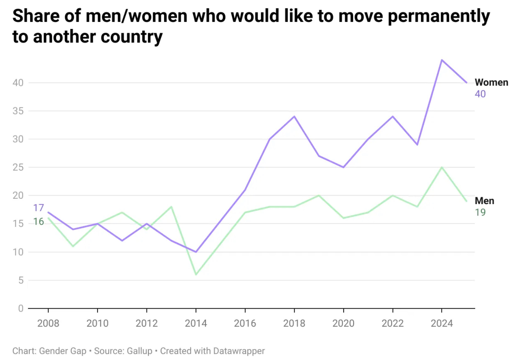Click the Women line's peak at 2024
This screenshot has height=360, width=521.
[x=442, y=60]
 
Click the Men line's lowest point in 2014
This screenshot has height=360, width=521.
[x=196, y=274]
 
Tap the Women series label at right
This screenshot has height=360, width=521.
[x=491, y=82]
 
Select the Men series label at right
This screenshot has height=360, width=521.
[x=484, y=201]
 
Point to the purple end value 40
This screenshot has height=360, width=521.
[x=480, y=94]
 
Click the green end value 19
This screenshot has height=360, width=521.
[x=480, y=212]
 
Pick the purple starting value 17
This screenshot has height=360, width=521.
[x=38, y=208]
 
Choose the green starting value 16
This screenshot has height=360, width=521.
[x=38, y=221]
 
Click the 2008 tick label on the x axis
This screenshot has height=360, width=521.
[x=48, y=323]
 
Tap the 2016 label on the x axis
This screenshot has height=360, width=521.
[x=245, y=323]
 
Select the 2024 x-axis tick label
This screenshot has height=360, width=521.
[x=441, y=323]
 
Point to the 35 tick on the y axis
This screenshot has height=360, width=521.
[x=18, y=111]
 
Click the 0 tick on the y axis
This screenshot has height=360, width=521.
[x=21, y=309]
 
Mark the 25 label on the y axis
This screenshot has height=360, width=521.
[x=18, y=168]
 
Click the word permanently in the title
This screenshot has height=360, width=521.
[x=439, y=16]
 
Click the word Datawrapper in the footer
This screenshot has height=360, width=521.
[x=239, y=351]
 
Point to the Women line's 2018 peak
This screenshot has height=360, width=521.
[x=294, y=117]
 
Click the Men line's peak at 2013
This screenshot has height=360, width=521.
[x=171, y=207]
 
